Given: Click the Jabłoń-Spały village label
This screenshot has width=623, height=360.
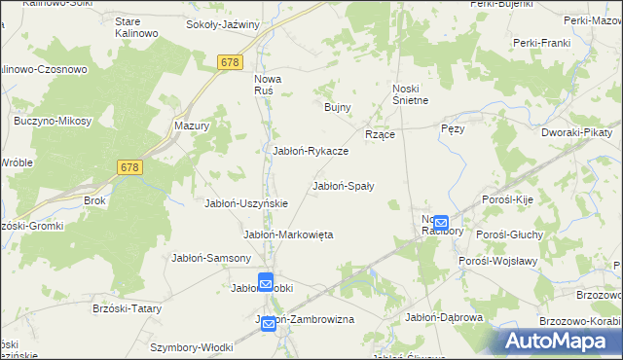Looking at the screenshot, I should (344, 185).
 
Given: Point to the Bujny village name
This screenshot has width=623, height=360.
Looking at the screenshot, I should (337, 107).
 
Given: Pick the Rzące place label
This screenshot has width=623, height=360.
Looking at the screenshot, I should (379, 134).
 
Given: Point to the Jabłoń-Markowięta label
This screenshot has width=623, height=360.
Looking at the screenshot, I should (288, 234).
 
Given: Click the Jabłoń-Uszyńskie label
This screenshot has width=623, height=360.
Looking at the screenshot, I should (245, 202).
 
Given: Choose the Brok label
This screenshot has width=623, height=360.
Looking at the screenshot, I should (94, 200).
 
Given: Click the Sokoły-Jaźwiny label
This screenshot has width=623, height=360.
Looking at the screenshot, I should (223, 24).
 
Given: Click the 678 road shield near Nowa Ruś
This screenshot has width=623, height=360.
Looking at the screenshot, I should (231, 62).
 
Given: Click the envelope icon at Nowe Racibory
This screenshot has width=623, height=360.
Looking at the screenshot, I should (441, 223).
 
